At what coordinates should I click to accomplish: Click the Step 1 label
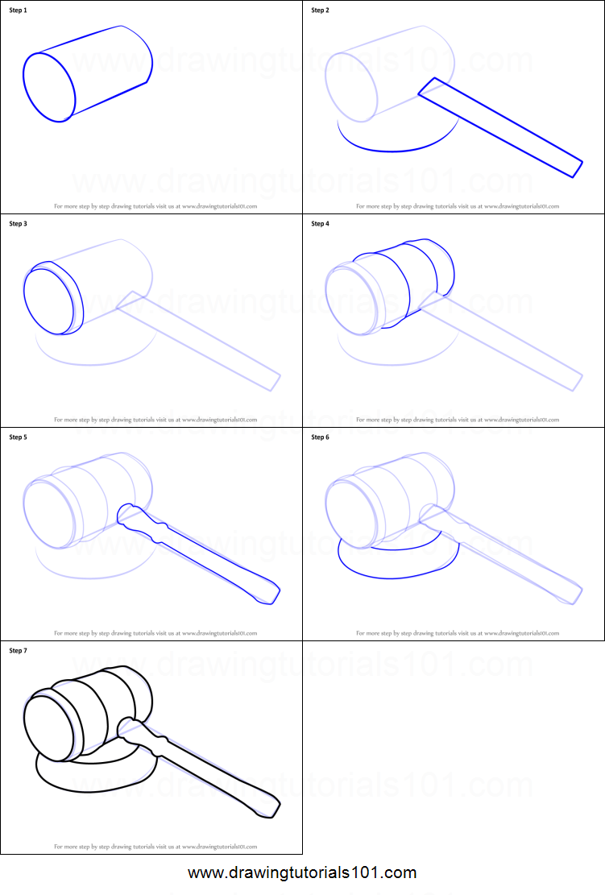click(18, 10)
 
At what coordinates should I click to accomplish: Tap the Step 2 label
click(320, 10)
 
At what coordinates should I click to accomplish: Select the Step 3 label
click(18, 224)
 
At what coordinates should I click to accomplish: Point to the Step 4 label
click(320, 224)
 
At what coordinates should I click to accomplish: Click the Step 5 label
click(18, 437)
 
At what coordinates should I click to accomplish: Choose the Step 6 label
click(320, 437)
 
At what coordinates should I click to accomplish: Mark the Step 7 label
click(18, 651)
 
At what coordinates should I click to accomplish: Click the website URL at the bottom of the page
click(302, 872)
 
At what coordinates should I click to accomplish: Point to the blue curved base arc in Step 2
click(387, 150)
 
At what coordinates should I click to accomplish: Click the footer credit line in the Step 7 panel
click(155, 847)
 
